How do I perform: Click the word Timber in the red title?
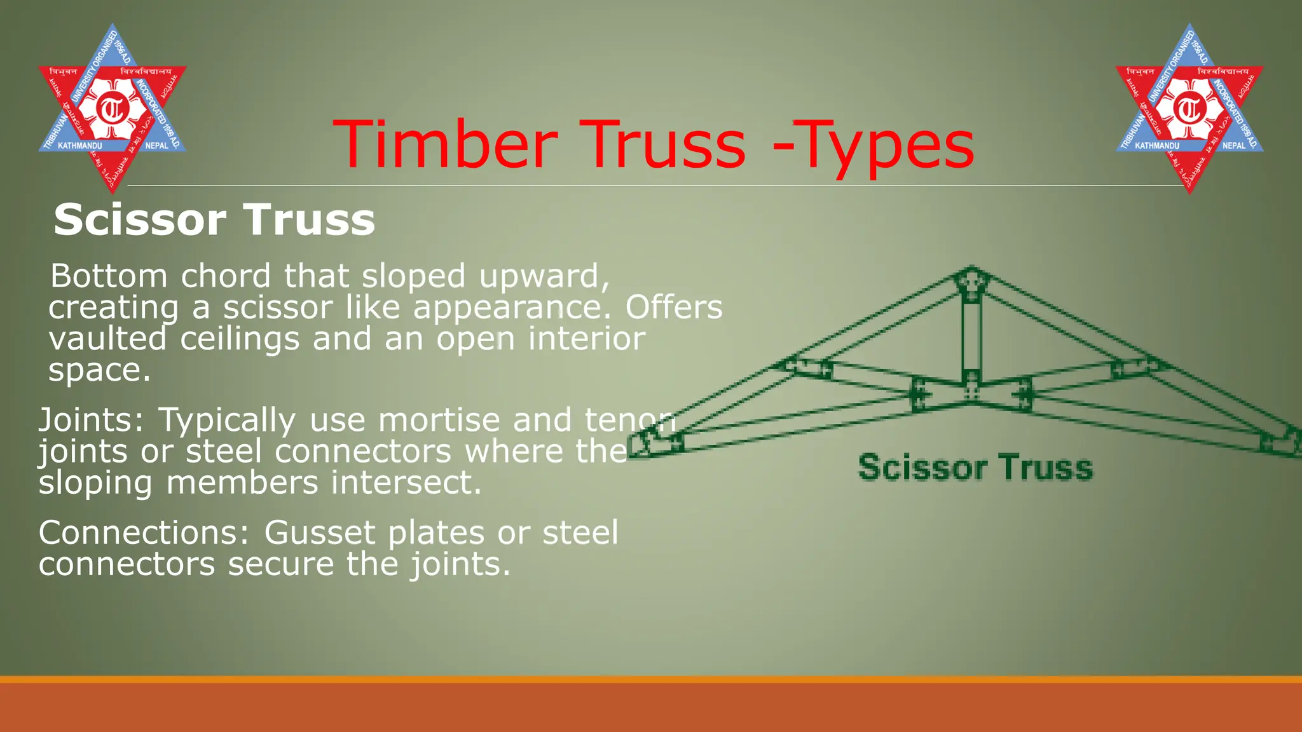pyautogui.click(x=445, y=145)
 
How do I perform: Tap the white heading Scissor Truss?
pyautogui.click(x=214, y=220)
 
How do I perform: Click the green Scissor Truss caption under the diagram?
pyautogui.click(x=975, y=468)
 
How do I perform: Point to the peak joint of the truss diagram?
pyautogui.click(x=971, y=281)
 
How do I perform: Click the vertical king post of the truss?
pyautogui.click(x=971, y=337)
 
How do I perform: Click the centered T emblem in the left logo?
pyautogui.click(x=113, y=109)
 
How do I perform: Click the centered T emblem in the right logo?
pyautogui.click(x=1189, y=109)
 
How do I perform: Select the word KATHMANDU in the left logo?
pyautogui.click(x=79, y=146)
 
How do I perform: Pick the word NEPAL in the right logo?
pyautogui.click(x=1233, y=146)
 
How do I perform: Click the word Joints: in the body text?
pyautogui.click(x=92, y=421)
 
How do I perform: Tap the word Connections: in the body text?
pyautogui.click(x=144, y=532)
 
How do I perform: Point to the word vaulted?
pyautogui.click(x=107, y=338)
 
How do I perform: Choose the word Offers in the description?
pyautogui.click(x=674, y=308)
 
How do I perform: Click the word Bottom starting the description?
pyautogui.click(x=109, y=276)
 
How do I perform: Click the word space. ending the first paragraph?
pyautogui.click(x=99, y=370)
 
